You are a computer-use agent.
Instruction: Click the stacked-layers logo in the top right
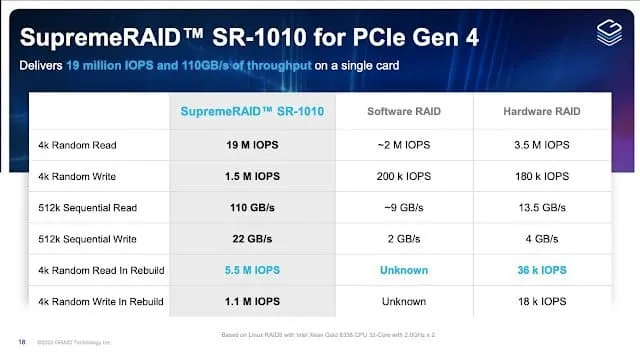[608, 32]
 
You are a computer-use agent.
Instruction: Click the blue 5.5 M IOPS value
[252, 270]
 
